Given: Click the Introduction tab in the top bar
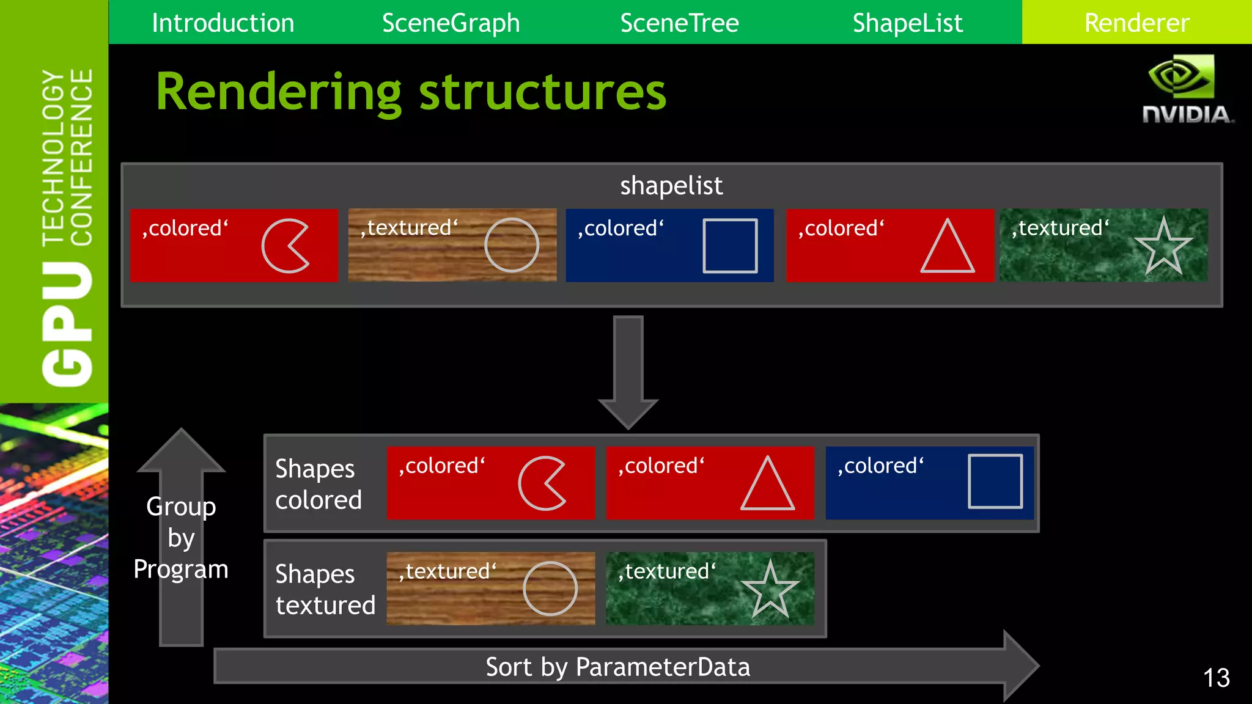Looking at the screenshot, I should coord(223,23).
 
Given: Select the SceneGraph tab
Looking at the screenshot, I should coord(451,23).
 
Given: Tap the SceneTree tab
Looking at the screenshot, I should coord(679,23).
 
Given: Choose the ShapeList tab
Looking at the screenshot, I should coord(907,23).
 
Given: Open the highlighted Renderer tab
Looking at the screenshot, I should coord(1136,23).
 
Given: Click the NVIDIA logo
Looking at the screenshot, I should coord(1185,89).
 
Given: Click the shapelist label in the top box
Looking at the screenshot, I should coord(671,186).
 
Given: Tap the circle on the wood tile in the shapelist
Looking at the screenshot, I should coord(512,245).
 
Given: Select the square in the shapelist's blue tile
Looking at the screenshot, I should coord(730,246).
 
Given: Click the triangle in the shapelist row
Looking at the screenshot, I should coord(947,247).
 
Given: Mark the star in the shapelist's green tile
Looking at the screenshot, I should coord(1163,247).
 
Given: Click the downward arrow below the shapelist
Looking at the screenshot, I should coord(628,373).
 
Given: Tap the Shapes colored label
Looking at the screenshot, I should coord(318,484).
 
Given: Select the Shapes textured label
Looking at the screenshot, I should coord(325,589).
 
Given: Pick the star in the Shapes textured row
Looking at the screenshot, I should coord(770,590).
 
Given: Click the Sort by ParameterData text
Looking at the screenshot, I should coord(617,667).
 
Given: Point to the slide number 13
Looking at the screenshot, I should coord(1216,678).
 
